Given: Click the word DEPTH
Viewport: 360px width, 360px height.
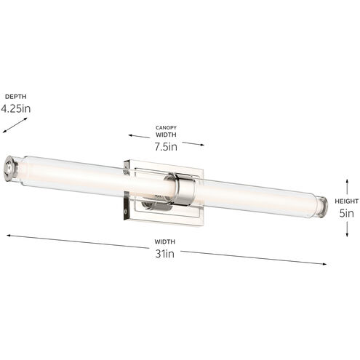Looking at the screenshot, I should point(16,96).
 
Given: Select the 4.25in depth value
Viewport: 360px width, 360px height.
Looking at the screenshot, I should point(16,109).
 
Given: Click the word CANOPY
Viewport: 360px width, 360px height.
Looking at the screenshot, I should point(166,127).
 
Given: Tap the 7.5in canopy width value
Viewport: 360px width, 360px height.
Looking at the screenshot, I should point(166,146).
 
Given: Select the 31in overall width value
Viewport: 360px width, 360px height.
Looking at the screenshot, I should point(166,254).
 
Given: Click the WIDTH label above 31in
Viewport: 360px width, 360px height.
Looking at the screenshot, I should point(166,242).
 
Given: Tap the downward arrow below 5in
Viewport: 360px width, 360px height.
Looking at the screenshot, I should point(346,233).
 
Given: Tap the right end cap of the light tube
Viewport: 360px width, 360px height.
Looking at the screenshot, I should point(320,205).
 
